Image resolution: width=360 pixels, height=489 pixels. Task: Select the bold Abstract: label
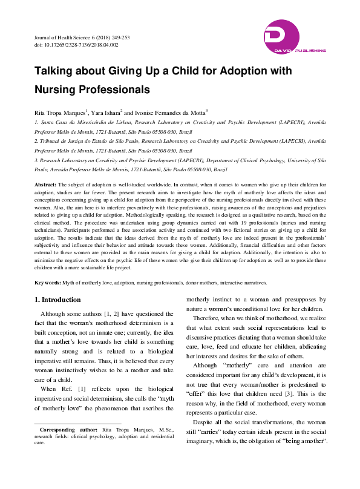pos(45,183)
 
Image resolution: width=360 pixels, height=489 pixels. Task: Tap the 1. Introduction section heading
pos(57,300)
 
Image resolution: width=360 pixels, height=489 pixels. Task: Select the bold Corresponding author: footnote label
pos(67,430)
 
